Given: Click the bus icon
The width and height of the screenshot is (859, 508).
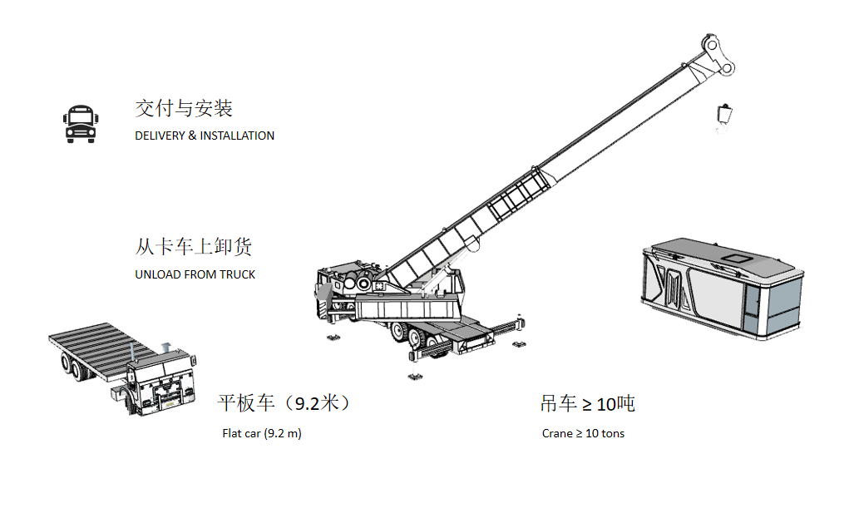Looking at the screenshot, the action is pos(81,124).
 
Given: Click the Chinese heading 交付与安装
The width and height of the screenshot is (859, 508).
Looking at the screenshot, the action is pos(184,109).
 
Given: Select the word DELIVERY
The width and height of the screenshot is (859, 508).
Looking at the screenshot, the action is pos(160,136).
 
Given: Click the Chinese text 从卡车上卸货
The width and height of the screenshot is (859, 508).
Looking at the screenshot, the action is pos(194,247).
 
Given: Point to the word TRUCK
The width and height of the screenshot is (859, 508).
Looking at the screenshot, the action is pos(237,274).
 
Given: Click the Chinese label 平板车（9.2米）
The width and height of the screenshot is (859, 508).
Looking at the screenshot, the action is pos(284,403).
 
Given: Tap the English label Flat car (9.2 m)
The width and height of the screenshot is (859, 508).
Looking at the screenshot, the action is pos(262,433).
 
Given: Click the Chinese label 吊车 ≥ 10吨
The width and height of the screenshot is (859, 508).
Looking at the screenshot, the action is pos(587,404).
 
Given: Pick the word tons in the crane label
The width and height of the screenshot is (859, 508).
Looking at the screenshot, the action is pos(612,433).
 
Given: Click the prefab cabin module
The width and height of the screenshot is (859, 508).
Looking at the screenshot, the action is pos(722,288).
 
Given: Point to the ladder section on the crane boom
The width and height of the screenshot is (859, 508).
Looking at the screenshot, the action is pos(518,194).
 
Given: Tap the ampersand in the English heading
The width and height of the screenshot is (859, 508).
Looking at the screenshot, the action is pos(192,136).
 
